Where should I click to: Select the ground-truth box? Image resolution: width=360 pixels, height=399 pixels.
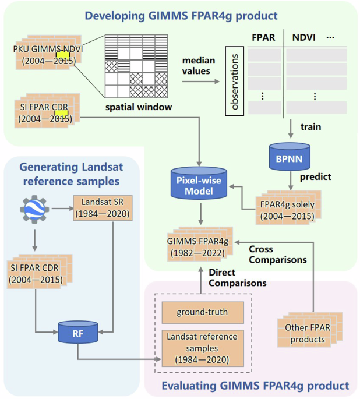(202, 313)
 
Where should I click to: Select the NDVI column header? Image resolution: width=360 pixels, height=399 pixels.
(303, 37)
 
